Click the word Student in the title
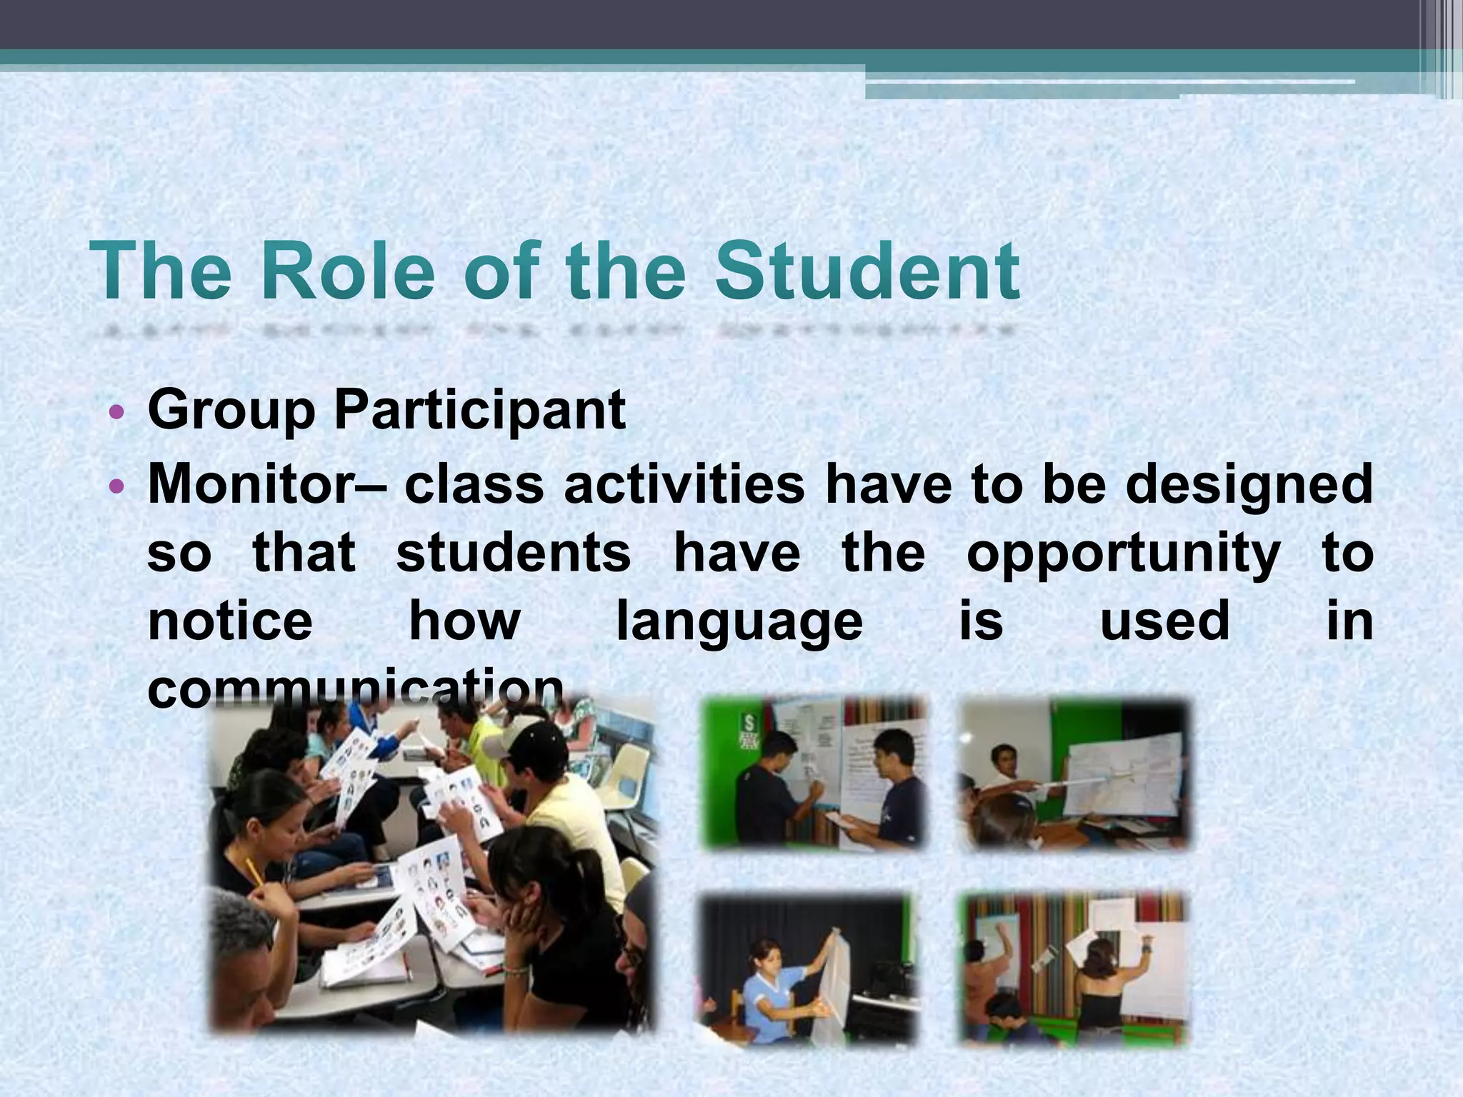(868, 272)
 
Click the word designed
(1249, 486)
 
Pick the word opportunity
(1124, 554)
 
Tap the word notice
(230, 621)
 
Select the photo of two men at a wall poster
(814, 774)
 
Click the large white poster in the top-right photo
(1122, 775)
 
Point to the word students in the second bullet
(514, 553)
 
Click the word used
(1164, 621)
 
